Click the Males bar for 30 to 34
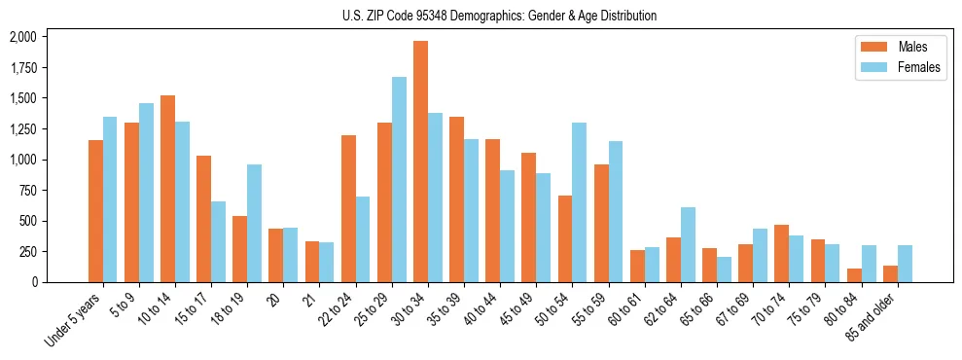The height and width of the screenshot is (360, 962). pyautogui.click(x=420, y=162)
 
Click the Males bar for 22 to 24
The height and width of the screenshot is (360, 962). pyautogui.click(x=348, y=209)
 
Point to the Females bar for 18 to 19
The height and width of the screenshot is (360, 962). pyautogui.click(x=254, y=224)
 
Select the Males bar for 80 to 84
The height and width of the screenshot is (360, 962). pyautogui.click(x=854, y=275)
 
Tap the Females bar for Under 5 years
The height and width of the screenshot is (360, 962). pyautogui.click(x=110, y=199)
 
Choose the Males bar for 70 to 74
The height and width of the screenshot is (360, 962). pyautogui.click(x=781, y=254)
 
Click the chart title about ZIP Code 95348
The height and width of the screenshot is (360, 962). pyautogui.click(x=499, y=16)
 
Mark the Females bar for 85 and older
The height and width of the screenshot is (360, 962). pyautogui.click(x=905, y=264)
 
